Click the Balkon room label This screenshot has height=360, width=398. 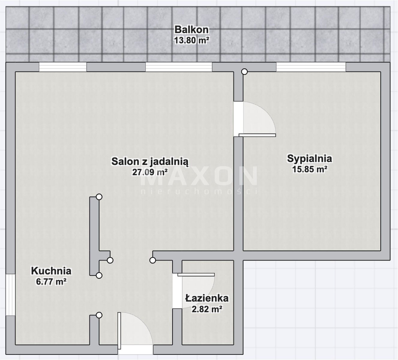[191, 30]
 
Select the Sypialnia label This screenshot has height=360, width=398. [310, 158]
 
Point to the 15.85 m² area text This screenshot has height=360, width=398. [310, 169]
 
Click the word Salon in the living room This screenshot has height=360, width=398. [125, 161]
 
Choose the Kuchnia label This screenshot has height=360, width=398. [51, 271]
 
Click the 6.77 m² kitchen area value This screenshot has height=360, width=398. [51, 281]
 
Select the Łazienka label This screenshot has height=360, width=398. [207, 298]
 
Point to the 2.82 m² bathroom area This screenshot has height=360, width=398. [207, 309]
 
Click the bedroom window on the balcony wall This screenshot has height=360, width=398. [311, 67]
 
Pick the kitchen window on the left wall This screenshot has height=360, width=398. [10, 295]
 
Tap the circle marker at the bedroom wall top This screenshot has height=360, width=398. [245, 72]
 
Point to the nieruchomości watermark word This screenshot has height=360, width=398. [199, 191]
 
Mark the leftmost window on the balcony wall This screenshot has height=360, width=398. [63, 67]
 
